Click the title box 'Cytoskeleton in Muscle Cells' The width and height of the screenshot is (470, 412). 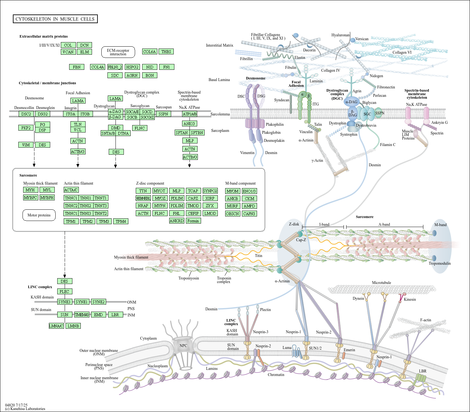(x=55, y=19)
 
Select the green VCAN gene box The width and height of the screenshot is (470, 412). (x=68, y=52)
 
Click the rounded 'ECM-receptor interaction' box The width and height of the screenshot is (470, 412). (x=118, y=52)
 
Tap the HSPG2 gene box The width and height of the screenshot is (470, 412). (x=132, y=67)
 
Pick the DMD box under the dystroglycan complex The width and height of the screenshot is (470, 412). (x=115, y=128)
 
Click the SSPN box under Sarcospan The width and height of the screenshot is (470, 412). (x=163, y=114)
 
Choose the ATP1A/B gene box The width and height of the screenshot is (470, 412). (x=189, y=114)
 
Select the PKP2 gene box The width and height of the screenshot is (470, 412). (x=26, y=128)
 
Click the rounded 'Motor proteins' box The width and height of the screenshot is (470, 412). (x=39, y=215)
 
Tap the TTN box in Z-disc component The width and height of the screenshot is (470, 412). (x=143, y=191)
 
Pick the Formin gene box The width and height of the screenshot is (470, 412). (x=193, y=221)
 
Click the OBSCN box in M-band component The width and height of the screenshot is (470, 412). (x=232, y=214)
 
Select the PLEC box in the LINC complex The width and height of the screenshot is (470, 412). (x=64, y=291)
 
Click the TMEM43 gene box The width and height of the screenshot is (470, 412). (x=82, y=315)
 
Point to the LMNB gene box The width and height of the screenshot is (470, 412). (x=73, y=326)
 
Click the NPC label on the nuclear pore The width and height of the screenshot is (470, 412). (x=183, y=346)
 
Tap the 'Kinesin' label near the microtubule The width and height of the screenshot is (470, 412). (x=410, y=299)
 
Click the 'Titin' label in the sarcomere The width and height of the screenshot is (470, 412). (x=259, y=256)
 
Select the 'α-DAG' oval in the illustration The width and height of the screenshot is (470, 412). (x=351, y=102)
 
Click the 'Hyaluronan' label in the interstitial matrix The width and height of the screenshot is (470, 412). (x=340, y=35)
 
